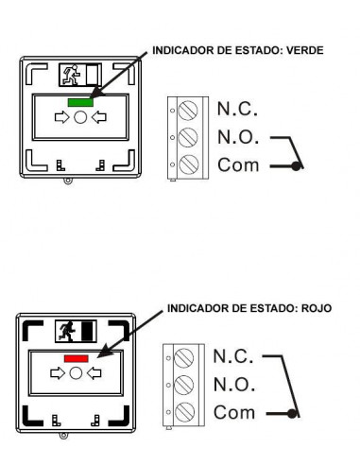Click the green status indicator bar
[x=80, y=102]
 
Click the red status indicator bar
[x=77, y=358]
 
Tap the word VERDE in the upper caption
[x=305, y=50]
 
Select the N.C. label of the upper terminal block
[x=237, y=109]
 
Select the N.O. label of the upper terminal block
[x=238, y=137]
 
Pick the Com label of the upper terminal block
[x=238, y=164]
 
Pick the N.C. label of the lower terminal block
[x=233, y=356]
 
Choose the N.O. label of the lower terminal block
[x=234, y=385]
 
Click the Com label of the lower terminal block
[x=234, y=412]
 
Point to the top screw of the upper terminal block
[x=188, y=111]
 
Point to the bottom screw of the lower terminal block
[x=184, y=412]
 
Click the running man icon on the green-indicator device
[x=72, y=75]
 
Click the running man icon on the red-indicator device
[x=67, y=332]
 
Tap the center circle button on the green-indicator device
[x=80, y=117]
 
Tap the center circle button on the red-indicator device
[x=76, y=373]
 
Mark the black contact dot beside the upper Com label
[x=296, y=166]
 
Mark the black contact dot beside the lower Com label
[x=292, y=414]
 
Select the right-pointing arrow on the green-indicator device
[x=62, y=117]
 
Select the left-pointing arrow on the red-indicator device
[x=94, y=373]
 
